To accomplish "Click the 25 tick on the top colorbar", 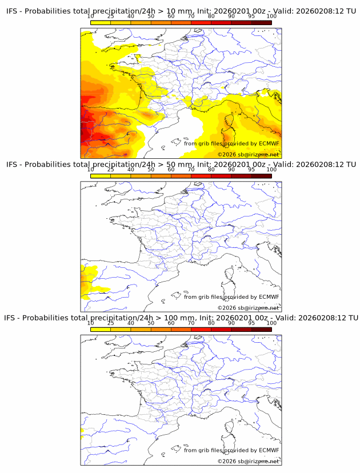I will pos(111,16).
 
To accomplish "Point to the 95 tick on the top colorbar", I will pos(251,16).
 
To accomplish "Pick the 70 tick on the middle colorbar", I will pos(191,170).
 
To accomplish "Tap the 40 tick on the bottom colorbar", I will pos(131,323).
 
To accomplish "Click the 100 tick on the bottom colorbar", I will pos(271,323).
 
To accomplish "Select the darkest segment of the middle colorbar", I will pos(261,176).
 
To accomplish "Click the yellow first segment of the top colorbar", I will pos(101,22).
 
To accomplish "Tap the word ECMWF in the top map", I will pos(269,143).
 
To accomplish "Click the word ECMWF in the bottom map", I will pos(269,450).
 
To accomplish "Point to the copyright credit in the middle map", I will pos(249,308).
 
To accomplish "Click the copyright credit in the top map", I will pos(249,155).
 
